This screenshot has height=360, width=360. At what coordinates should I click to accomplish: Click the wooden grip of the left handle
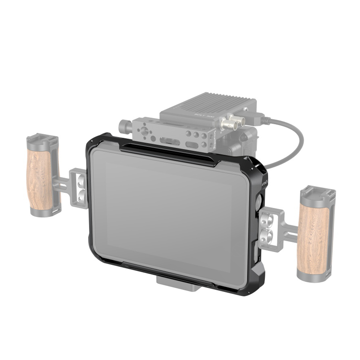tap(39, 180)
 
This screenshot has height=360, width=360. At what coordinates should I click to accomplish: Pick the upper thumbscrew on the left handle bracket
tap(81, 182)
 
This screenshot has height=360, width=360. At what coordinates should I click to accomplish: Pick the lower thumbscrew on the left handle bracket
tap(81, 196)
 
